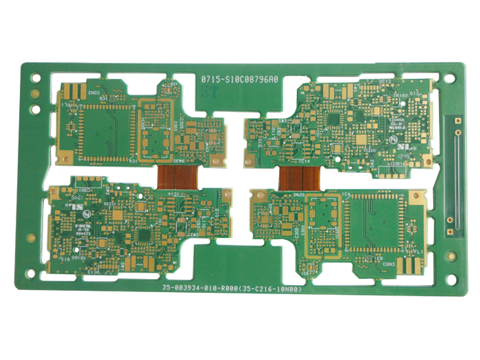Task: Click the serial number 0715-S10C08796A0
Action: click(239, 80)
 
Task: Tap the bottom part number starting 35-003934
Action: click(231, 289)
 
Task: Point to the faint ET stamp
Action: click(210, 91)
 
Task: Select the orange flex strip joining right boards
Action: click(299, 178)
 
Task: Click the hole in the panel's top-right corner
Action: click(449, 77)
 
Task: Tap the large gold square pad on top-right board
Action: click(361, 138)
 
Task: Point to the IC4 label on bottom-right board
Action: click(346, 196)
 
